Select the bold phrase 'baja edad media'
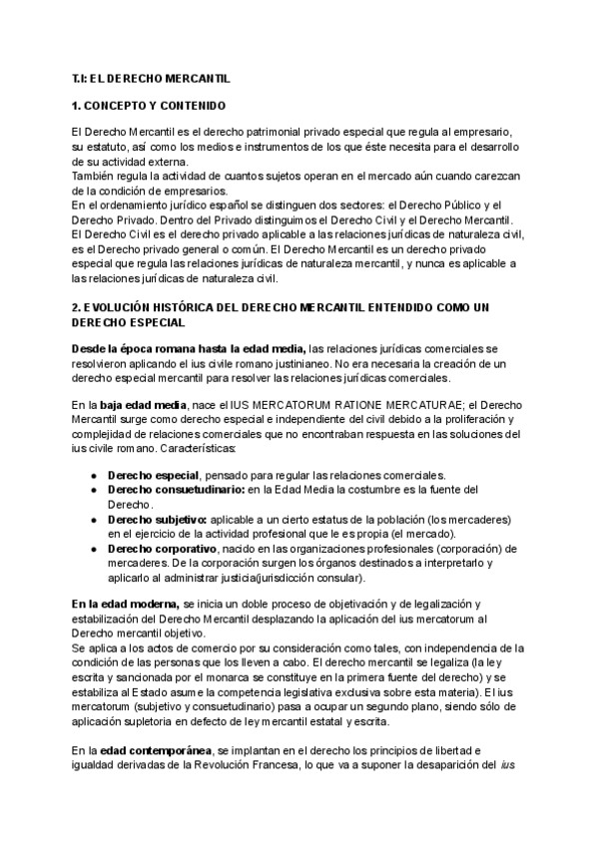point(143,405)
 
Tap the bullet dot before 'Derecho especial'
point(93,475)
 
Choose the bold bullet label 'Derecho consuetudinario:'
point(162,489)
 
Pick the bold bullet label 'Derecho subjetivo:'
point(156,520)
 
